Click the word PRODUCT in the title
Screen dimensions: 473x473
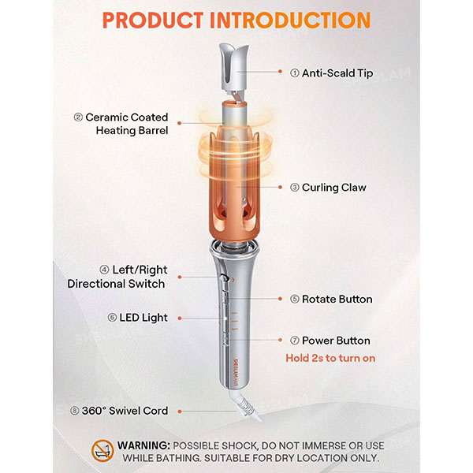click(153, 20)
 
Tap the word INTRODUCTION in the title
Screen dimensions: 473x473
click(290, 20)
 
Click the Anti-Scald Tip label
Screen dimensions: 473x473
click(337, 73)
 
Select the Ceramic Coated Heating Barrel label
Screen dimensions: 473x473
click(127, 124)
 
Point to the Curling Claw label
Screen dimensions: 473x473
click(334, 188)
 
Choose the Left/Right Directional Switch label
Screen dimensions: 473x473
click(117, 277)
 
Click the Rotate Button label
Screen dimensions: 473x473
click(337, 299)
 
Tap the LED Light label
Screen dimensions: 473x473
click(143, 318)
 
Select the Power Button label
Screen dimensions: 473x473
click(336, 341)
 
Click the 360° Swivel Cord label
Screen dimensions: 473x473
click(125, 411)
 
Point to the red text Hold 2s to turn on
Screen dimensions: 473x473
click(330, 358)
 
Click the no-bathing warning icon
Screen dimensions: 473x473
click(102, 451)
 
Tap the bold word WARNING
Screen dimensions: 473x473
click(144, 445)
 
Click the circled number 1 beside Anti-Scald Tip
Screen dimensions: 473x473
click(294, 73)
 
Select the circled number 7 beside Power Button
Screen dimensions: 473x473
click(294, 341)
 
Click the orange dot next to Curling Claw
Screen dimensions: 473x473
click(280, 188)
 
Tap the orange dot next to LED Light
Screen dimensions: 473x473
click(180, 318)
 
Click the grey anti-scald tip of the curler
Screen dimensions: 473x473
click(234, 67)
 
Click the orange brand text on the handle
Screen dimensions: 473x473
click(236, 373)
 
